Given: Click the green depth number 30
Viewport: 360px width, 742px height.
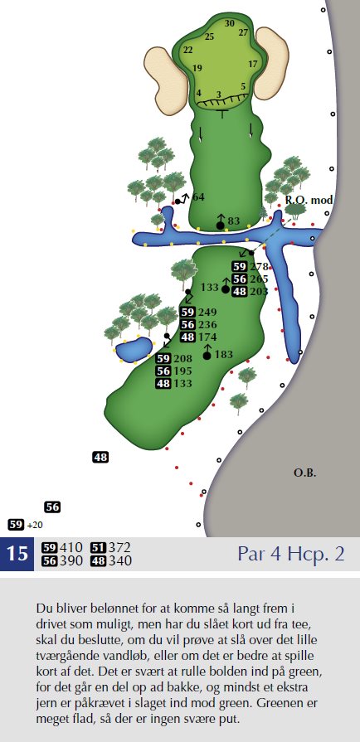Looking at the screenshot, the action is point(230,23).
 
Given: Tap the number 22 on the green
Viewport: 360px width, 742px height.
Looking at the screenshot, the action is point(188,50).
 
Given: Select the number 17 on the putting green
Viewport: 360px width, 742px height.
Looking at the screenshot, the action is point(253,63).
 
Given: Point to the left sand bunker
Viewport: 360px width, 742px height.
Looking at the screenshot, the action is point(166,80).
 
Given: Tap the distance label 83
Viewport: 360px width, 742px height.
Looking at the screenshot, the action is point(234,221).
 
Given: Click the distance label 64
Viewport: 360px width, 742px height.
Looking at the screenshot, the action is point(198,196).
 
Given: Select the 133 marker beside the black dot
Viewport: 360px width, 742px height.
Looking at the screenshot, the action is point(209,287).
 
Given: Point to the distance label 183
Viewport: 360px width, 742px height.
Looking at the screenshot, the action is point(224,354).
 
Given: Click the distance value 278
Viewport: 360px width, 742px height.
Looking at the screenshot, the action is point(260,266).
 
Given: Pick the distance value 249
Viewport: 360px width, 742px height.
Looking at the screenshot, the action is point(207,313).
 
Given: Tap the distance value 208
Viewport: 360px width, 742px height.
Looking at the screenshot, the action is point(182,358).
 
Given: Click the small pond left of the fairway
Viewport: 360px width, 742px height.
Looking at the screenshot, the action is point(133,350).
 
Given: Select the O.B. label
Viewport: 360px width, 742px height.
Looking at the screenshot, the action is point(304,473).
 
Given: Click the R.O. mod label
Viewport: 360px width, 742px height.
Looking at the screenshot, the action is point(309,200).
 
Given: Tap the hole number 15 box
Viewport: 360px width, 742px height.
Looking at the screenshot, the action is point(17,554).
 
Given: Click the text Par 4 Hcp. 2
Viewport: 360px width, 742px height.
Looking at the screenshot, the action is point(291,554).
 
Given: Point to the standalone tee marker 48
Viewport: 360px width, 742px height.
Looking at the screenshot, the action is point(100,457).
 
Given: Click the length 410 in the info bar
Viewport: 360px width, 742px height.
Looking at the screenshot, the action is point(71,547).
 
